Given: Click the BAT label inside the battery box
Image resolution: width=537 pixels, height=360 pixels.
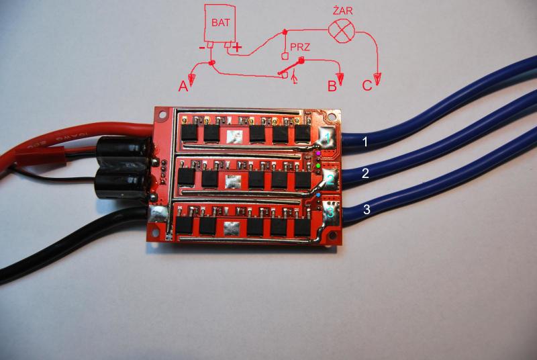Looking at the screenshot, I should point(222,23).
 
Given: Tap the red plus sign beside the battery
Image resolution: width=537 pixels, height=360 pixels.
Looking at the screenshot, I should point(238,47).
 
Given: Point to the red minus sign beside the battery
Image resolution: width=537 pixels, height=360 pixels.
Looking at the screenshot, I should point(201,48).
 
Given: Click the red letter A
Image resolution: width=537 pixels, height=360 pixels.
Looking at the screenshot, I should point(182,86).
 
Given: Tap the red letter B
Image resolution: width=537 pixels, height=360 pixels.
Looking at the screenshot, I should point(331,86).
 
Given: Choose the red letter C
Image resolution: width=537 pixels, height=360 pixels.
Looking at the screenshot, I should point(367,85).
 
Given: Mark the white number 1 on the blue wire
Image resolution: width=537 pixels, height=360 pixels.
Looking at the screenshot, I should point(365,142).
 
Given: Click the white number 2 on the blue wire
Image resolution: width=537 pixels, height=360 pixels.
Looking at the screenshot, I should point(365,173).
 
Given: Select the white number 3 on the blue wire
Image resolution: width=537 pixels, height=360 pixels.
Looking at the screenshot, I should point(366,210).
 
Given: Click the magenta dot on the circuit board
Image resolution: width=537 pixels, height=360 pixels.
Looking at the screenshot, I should point(318,154).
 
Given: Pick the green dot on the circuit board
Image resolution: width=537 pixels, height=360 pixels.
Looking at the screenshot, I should point(318,165).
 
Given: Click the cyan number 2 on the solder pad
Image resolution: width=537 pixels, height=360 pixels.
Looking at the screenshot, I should point(330,179).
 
